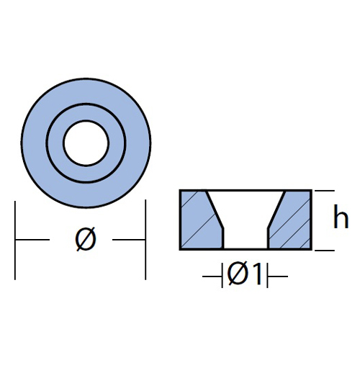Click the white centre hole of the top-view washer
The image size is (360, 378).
tap(86, 143)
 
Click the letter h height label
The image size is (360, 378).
tap(341, 217)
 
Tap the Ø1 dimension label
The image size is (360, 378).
tap(245, 274)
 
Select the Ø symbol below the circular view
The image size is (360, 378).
tap(86, 239)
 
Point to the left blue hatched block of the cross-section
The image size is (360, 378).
tap(202, 220)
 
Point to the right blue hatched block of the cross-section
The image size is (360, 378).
tap(290, 220)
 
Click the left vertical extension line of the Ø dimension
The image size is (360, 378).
tap(15, 240)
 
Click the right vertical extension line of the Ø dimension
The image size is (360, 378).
tap(145, 240)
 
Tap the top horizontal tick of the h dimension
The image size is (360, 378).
tap(325, 191)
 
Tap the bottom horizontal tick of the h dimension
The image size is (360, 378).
tap(325, 251)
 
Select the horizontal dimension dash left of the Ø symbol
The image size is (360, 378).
tap(32, 240)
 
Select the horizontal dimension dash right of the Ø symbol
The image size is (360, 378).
tap(129, 240)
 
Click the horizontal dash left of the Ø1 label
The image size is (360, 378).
tap(212, 276)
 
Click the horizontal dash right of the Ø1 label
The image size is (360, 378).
tap(278, 276)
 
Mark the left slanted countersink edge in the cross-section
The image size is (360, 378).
tap(215, 210)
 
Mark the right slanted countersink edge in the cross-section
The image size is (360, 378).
tap(276, 210)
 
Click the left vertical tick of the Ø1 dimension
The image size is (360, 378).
tap(222, 275)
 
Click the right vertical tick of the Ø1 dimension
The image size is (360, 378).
tap(267, 275)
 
